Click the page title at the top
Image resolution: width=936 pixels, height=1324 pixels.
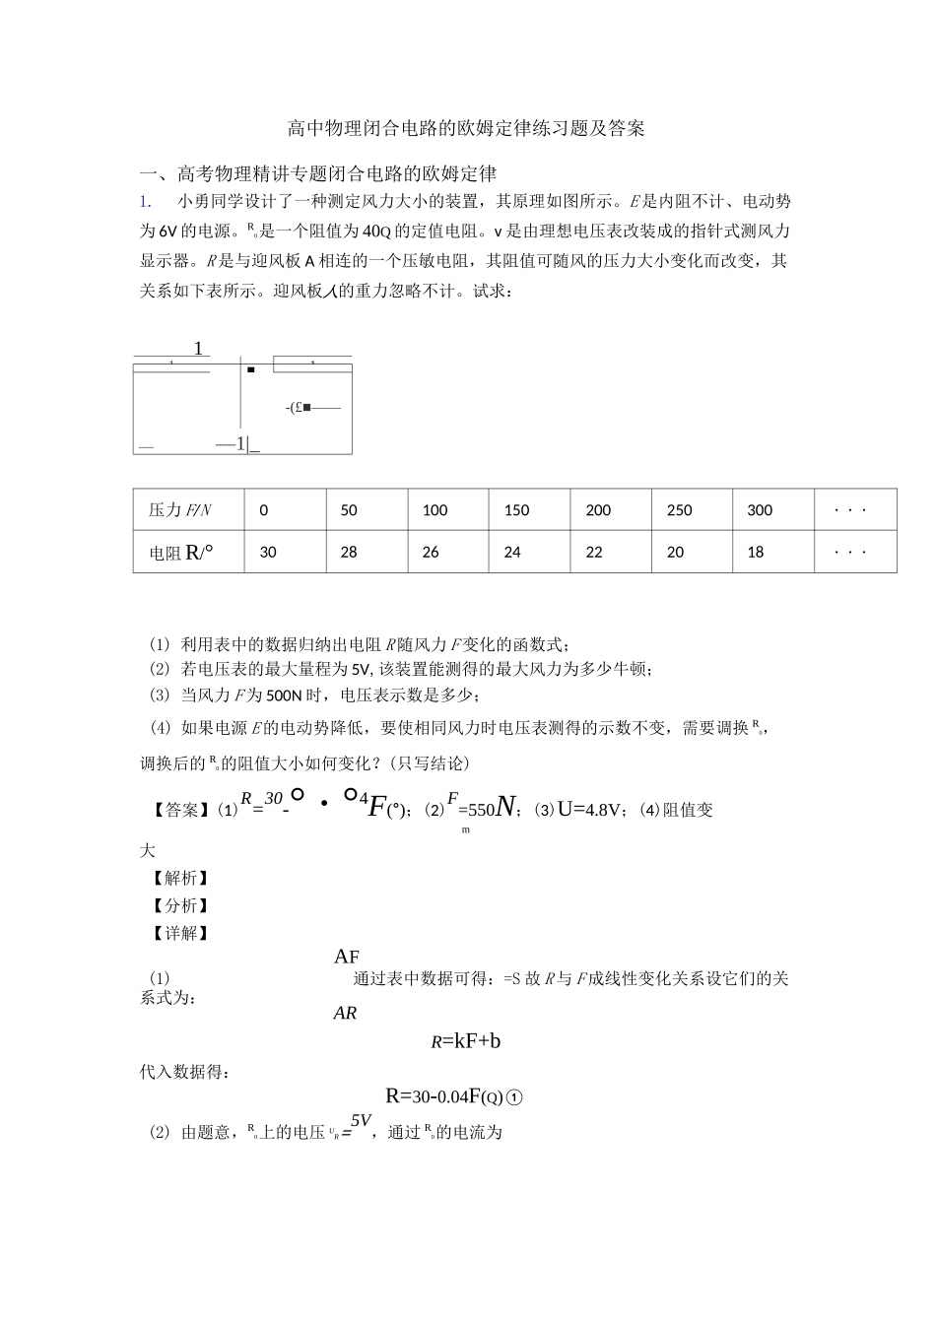[466, 128]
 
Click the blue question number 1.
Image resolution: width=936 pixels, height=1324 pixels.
[146, 202]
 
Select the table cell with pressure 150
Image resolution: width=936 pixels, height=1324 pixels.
[516, 510]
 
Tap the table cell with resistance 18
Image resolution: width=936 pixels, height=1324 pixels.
[756, 552]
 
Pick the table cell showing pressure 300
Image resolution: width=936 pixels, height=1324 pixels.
[760, 510]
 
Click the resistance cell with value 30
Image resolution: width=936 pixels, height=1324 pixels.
[268, 552]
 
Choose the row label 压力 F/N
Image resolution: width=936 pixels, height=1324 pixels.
[180, 510]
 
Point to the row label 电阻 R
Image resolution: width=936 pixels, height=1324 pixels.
[180, 552]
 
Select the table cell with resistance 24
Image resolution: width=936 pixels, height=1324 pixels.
[512, 552]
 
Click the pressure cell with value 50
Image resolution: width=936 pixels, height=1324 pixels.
[349, 510]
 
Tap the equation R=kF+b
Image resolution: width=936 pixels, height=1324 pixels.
[465, 1040]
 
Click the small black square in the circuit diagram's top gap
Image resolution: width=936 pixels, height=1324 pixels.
[251, 369]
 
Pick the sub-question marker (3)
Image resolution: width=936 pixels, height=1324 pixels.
[160, 695]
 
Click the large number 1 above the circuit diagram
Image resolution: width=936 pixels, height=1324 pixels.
[198, 349]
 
